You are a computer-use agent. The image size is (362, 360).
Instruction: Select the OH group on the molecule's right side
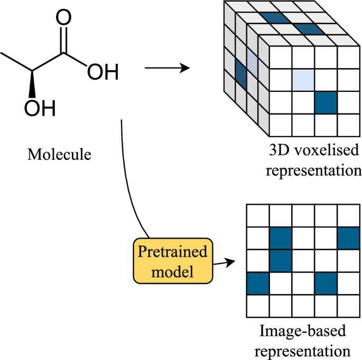(102, 72)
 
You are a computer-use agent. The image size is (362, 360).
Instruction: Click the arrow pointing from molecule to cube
(166, 68)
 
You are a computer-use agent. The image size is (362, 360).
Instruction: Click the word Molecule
(59, 155)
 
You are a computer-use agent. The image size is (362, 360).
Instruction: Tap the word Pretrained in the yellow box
(172, 251)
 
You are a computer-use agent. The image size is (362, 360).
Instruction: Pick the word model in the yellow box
(172, 272)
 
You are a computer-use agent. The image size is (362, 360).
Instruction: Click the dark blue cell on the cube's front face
(326, 102)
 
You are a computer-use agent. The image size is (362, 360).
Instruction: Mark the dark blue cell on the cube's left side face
(240, 74)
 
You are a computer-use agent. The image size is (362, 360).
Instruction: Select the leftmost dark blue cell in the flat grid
(258, 283)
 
